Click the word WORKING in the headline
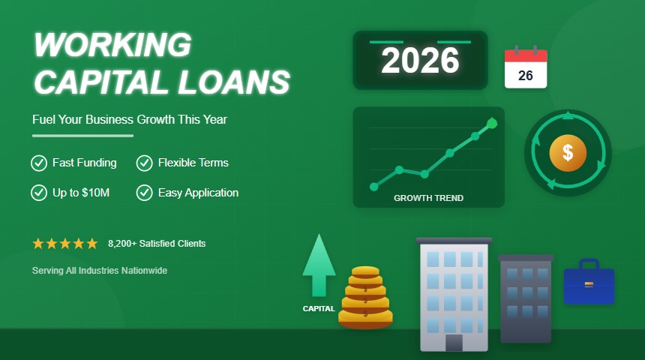point(112,46)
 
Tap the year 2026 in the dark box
point(420,61)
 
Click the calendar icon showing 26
point(526,68)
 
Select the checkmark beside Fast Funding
point(38,163)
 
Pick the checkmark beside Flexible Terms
point(144,163)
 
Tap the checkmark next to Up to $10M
point(38,193)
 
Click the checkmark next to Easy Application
point(144,193)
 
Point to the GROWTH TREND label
point(428,199)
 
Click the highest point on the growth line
point(492,122)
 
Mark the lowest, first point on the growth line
point(374,187)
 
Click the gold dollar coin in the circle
point(568,153)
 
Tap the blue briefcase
point(589,283)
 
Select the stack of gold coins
point(365,298)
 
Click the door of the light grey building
point(454,343)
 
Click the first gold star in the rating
point(38,244)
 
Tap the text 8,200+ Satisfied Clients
point(157,244)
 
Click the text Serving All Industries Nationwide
point(100,270)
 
